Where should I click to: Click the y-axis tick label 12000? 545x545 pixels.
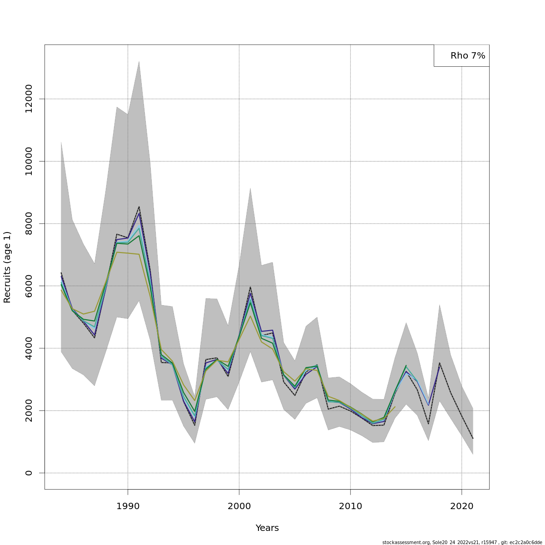(29, 99)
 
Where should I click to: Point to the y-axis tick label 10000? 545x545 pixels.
(29, 161)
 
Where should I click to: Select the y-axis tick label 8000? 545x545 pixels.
(29, 223)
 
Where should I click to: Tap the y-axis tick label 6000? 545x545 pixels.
(29, 286)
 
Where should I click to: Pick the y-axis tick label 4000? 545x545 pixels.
(29, 348)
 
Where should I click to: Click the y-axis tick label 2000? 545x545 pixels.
(29, 411)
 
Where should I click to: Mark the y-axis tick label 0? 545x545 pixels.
(29, 473)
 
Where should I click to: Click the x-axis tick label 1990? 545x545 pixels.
(128, 506)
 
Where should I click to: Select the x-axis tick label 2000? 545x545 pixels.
(239, 506)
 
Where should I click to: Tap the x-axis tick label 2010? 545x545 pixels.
(350, 506)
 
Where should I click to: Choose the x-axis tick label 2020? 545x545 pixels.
(461, 506)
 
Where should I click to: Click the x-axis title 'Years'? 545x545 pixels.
(267, 528)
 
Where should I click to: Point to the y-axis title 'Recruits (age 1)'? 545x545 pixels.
(7, 267)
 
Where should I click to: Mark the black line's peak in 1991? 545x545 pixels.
(139, 207)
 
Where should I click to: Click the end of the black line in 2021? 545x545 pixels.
(473, 438)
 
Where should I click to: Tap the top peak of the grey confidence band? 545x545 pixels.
(139, 61)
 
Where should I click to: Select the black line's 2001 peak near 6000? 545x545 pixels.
(250, 287)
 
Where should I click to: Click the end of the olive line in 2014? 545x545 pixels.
(395, 406)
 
